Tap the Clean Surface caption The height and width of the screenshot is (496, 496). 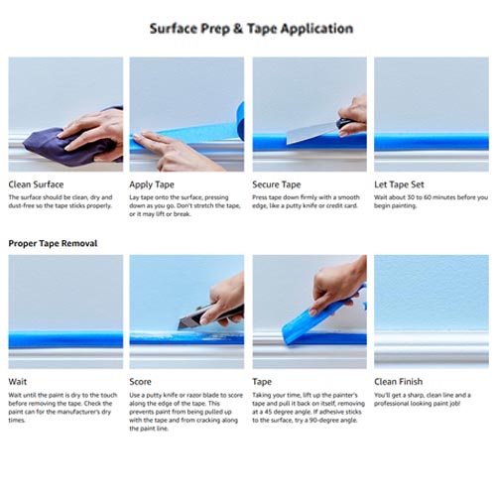(x=36, y=185)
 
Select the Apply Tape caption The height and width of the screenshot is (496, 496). (x=152, y=185)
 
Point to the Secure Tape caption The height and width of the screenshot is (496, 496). (x=277, y=185)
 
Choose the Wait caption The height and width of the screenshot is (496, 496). (x=18, y=381)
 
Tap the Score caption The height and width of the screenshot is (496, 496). (x=142, y=381)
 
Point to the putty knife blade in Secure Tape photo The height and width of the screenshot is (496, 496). (x=307, y=132)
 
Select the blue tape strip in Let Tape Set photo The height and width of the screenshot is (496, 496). (x=432, y=139)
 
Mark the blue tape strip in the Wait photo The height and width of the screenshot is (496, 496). (x=65, y=340)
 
